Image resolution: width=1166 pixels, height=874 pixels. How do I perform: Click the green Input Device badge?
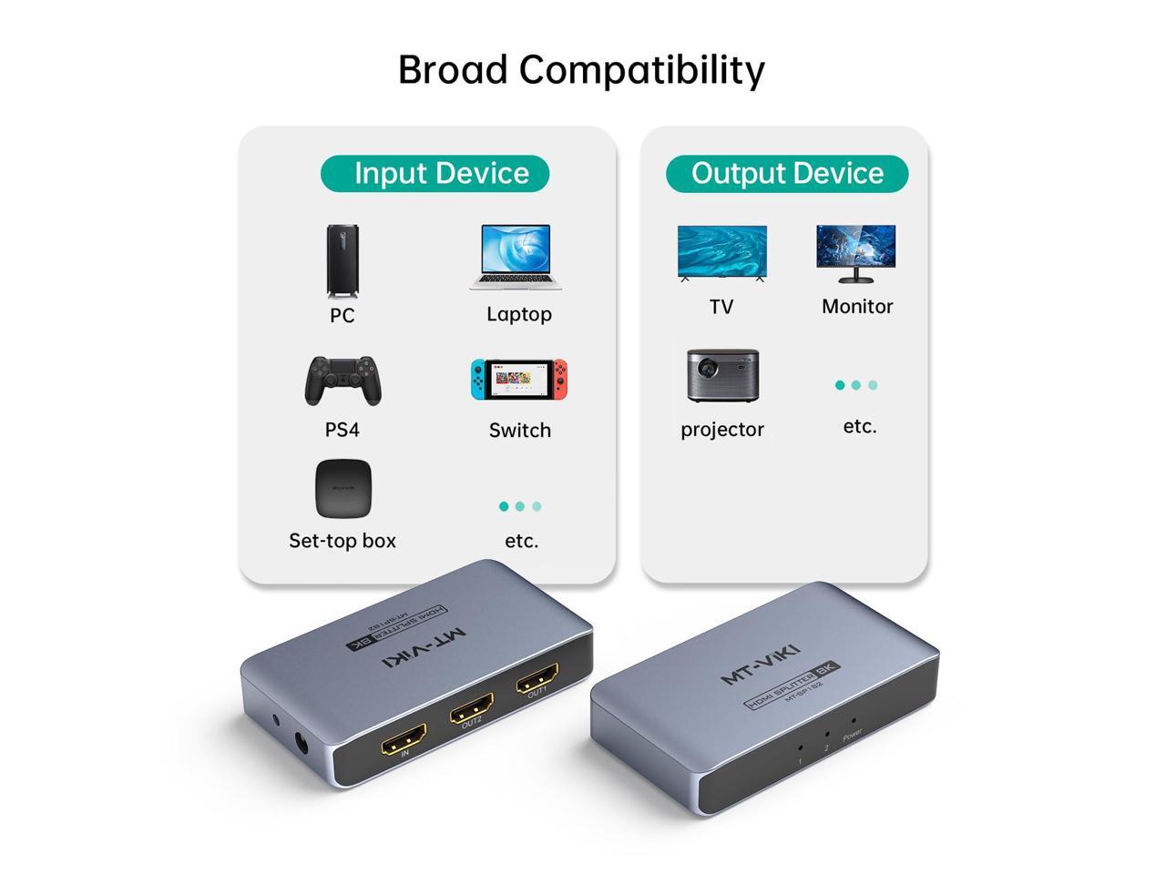click(x=435, y=173)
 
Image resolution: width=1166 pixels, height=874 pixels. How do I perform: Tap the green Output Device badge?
click(x=787, y=173)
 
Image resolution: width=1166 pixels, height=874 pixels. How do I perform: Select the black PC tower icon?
click(x=343, y=260)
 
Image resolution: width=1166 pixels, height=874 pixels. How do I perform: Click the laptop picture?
click(x=517, y=257)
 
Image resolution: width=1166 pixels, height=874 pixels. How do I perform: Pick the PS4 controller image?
click(x=343, y=381)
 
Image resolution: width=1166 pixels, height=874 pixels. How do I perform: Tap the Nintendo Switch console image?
click(x=519, y=379)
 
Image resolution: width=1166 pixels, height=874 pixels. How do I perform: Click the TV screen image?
click(x=721, y=253)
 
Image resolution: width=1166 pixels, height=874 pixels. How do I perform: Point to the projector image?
click(x=722, y=375)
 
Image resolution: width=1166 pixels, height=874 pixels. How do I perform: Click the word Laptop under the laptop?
click(x=519, y=314)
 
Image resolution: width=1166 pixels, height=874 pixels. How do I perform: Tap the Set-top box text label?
click(x=343, y=541)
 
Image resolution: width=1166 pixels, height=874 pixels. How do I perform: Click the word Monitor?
click(x=857, y=307)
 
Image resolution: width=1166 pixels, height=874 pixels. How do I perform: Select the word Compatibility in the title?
click(x=642, y=70)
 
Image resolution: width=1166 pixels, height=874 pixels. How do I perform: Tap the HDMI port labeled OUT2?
click(x=471, y=708)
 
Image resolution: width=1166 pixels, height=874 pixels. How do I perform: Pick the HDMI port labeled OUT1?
click(x=537, y=680)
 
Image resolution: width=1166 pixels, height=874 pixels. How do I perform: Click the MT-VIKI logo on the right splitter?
click(x=761, y=664)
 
